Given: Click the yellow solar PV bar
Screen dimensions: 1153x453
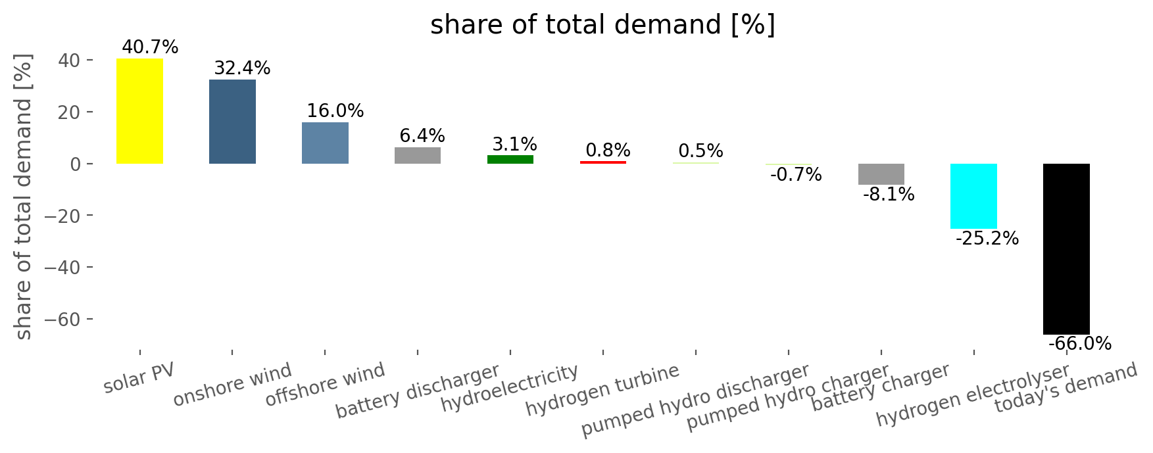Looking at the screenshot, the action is [139, 111].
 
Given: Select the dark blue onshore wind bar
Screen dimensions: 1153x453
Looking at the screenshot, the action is [232, 122].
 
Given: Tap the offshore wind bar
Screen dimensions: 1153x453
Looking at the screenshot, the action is [325, 143].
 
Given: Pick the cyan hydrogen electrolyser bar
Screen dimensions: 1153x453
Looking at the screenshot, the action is [973, 196].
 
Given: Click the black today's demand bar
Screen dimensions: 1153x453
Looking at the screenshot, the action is [1066, 249].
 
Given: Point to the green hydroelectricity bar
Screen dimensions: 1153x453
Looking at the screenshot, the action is [510, 159].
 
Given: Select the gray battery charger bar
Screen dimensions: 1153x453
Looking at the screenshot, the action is [881, 174].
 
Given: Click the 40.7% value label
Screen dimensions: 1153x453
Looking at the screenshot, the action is [150, 47].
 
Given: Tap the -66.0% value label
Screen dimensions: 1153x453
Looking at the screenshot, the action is [1080, 344].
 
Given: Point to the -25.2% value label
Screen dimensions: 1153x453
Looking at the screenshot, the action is [987, 239].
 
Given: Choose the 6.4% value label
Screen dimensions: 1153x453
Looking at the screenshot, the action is [422, 136].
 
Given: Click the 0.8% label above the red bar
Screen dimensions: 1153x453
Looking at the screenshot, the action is [608, 151].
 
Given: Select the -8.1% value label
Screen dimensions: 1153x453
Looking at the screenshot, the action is [889, 195].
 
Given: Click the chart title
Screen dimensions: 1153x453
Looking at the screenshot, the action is [602, 26].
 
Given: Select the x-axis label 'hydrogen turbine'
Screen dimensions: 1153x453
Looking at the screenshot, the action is [602, 390].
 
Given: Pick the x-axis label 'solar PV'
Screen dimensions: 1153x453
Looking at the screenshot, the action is [139, 377].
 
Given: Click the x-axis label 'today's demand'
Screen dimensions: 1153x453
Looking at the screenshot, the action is [1066, 388].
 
